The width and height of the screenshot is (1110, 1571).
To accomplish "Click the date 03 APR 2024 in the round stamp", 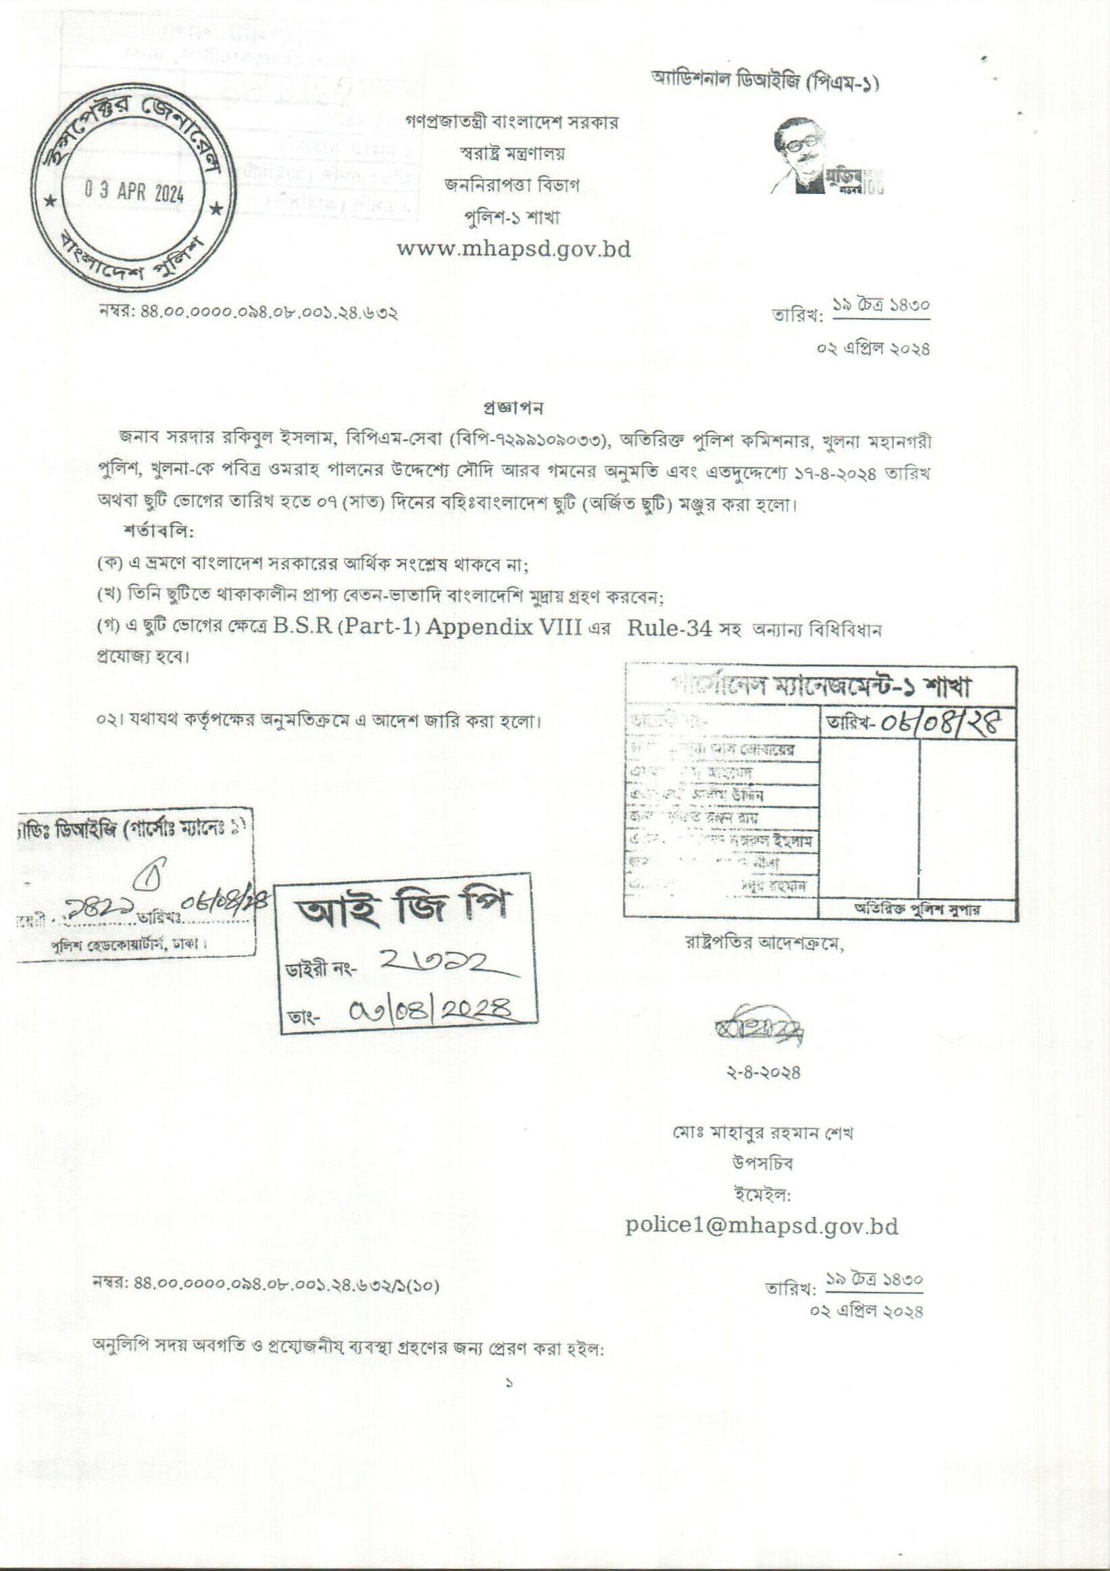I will click(134, 192).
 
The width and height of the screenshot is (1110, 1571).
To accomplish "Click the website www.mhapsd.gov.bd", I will click(513, 249).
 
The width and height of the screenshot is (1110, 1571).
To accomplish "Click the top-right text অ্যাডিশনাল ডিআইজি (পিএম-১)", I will click(765, 84).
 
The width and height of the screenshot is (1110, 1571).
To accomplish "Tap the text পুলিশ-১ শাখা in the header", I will click(511, 218).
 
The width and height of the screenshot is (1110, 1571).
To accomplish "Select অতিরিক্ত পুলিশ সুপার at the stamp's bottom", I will click(916, 909).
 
